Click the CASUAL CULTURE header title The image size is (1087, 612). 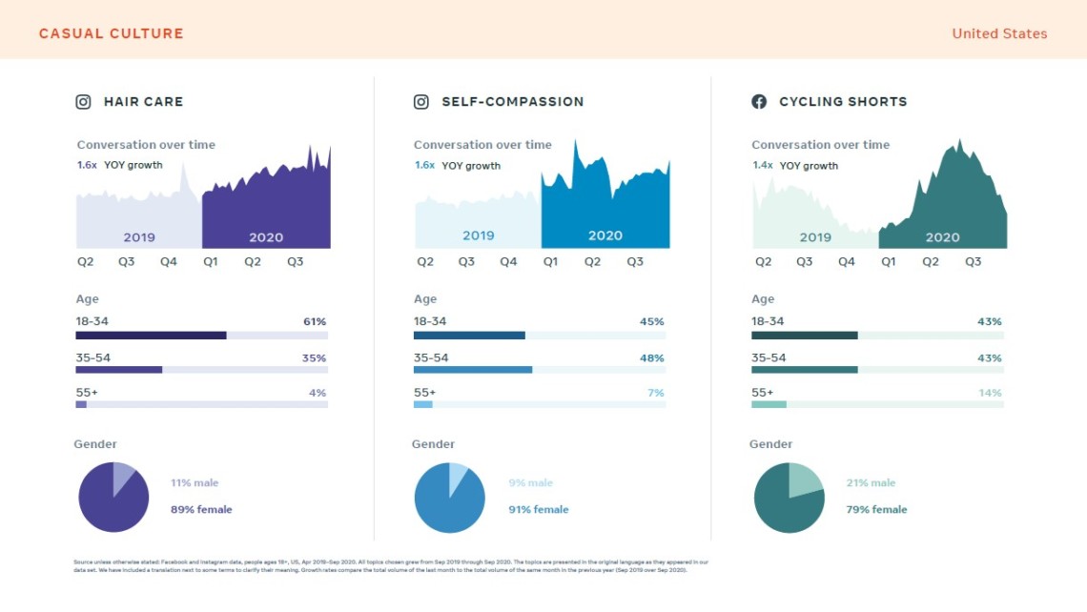pos(112,33)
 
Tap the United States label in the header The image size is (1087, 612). pos(999,33)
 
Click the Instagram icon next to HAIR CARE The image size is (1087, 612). pos(84,102)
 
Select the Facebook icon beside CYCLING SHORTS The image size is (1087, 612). pos(759,102)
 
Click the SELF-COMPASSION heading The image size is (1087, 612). pos(512,102)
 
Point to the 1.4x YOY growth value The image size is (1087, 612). pos(762,166)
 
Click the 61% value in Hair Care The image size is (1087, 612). pos(315,322)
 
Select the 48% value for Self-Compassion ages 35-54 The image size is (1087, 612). pos(652,358)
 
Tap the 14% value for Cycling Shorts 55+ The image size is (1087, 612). pos(990,393)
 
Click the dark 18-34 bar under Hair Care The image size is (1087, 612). pos(151,336)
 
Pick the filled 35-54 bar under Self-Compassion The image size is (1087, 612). pos(473,370)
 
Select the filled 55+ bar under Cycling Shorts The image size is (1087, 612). pos(769,404)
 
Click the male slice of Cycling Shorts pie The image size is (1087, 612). pos(805,481)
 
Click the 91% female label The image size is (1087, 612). pos(538,510)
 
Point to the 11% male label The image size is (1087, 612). pos(195,483)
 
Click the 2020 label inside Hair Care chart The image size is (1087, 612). pos(266,237)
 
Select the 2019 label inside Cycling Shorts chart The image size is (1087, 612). pos(815,237)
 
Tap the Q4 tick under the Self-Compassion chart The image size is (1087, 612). pos(508,262)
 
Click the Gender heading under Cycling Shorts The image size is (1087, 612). pos(770,444)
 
